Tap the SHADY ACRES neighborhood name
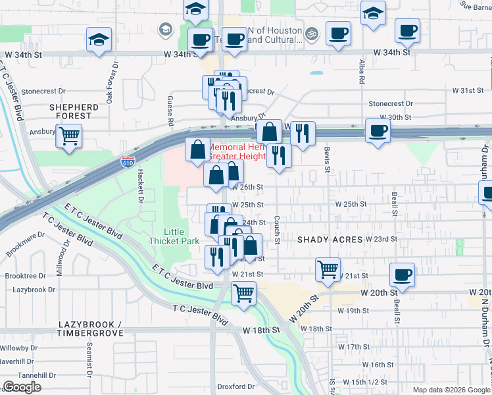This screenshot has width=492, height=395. [330, 240]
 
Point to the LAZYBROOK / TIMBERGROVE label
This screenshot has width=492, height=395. [90, 329]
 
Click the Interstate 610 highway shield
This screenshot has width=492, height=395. [128, 161]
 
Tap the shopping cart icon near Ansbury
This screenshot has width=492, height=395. [68, 136]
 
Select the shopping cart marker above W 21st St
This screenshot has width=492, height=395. [328, 269]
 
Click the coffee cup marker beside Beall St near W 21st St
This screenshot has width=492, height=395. [402, 274]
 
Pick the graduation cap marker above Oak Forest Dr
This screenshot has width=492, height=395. [99, 39]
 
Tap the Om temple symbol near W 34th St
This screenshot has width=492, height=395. [311, 32]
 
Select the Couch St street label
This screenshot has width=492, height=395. [277, 230]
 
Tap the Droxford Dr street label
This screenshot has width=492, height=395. [237, 386]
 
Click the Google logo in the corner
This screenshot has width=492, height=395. [22, 387]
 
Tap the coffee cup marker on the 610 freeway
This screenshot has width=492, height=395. [378, 130]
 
